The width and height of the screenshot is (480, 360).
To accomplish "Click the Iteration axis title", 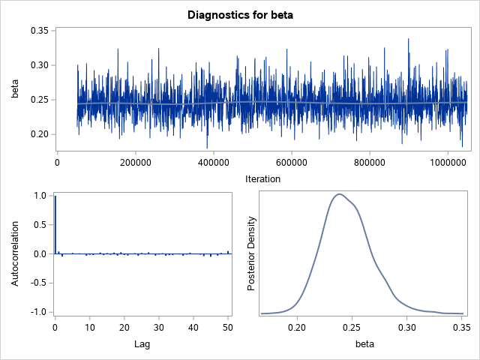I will click(262, 178).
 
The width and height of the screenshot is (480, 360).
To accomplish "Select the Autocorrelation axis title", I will click(14, 253).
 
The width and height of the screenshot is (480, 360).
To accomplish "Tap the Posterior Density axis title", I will click(252, 253).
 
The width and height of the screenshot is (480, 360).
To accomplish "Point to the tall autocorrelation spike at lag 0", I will click(55, 225).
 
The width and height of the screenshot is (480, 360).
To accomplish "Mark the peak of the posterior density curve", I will click(340, 194).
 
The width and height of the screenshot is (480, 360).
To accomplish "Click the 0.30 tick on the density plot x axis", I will click(407, 327).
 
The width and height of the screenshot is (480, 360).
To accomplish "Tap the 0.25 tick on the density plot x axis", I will click(352, 327).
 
